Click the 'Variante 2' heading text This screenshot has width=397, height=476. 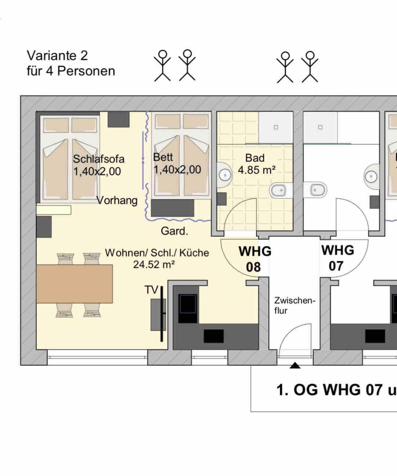(x=57, y=55)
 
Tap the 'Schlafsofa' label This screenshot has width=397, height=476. (x=99, y=159)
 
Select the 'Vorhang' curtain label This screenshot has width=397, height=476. (x=117, y=200)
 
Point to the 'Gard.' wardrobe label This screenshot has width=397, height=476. (x=174, y=231)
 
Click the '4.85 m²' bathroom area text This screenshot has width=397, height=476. (x=256, y=170)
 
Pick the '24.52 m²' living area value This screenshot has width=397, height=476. (x=154, y=265)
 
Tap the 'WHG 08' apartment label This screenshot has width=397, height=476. (x=255, y=259)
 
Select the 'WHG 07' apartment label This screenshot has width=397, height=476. (x=338, y=258)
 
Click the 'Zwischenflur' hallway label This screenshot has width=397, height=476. (x=295, y=306)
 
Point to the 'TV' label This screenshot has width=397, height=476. (x=152, y=290)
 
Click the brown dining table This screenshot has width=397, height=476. (x=74, y=284)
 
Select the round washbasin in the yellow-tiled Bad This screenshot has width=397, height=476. (x=224, y=175)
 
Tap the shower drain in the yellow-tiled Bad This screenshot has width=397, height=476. (x=276, y=127)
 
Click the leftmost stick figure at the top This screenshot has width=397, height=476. (x=162, y=66)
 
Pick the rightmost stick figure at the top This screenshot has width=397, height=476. (x=310, y=67)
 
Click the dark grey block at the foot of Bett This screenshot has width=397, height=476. (x=172, y=208)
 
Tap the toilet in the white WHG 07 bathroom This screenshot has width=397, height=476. (x=315, y=190)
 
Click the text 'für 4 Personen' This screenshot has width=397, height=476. (x=71, y=71)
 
